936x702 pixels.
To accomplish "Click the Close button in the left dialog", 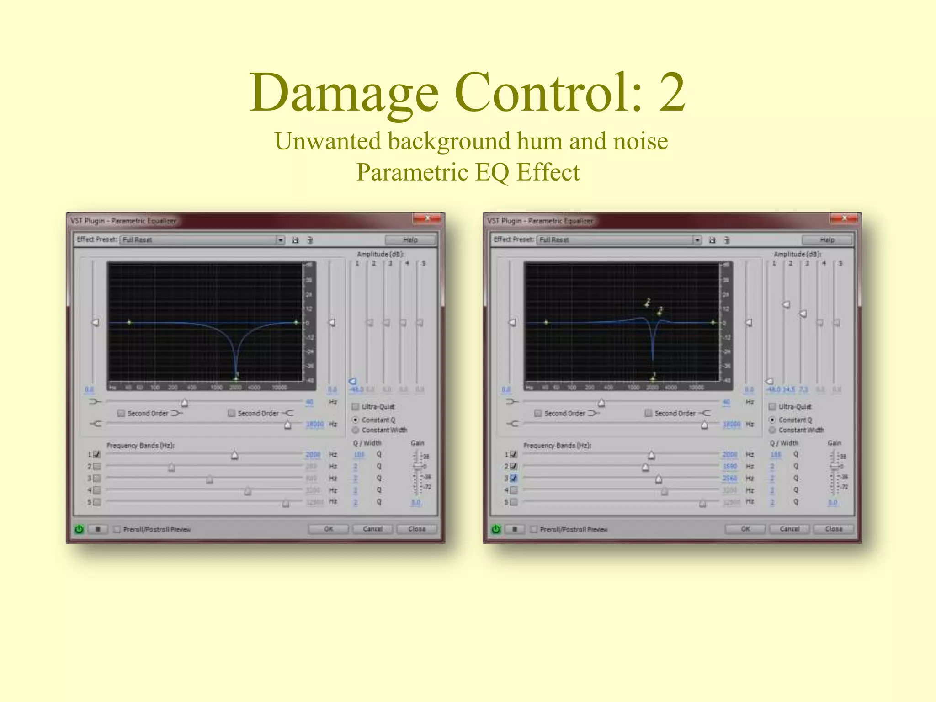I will click(416, 529).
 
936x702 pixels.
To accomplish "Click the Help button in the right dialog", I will click(827, 239).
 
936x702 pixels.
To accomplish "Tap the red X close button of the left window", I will click(427, 218).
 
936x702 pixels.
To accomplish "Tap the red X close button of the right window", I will click(844, 218).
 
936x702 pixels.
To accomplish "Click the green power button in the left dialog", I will click(79, 529).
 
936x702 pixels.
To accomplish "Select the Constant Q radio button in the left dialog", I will click(355, 420).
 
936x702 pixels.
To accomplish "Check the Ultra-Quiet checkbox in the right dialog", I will click(772, 407).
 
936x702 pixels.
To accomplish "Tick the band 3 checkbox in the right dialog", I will click(514, 478).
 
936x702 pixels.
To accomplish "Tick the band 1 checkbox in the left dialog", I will click(97, 454).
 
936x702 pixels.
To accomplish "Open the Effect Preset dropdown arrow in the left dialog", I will click(280, 240).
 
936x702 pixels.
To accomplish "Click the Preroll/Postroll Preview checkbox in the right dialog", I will click(534, 529).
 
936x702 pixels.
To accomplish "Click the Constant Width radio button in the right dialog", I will click(772, 430).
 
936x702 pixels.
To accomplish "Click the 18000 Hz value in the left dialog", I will click(314, 424).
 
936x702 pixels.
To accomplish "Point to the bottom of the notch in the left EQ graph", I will click(236, 378).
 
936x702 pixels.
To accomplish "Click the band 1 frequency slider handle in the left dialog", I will click(234, 455).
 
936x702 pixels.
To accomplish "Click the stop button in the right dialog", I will click(515, 529).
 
